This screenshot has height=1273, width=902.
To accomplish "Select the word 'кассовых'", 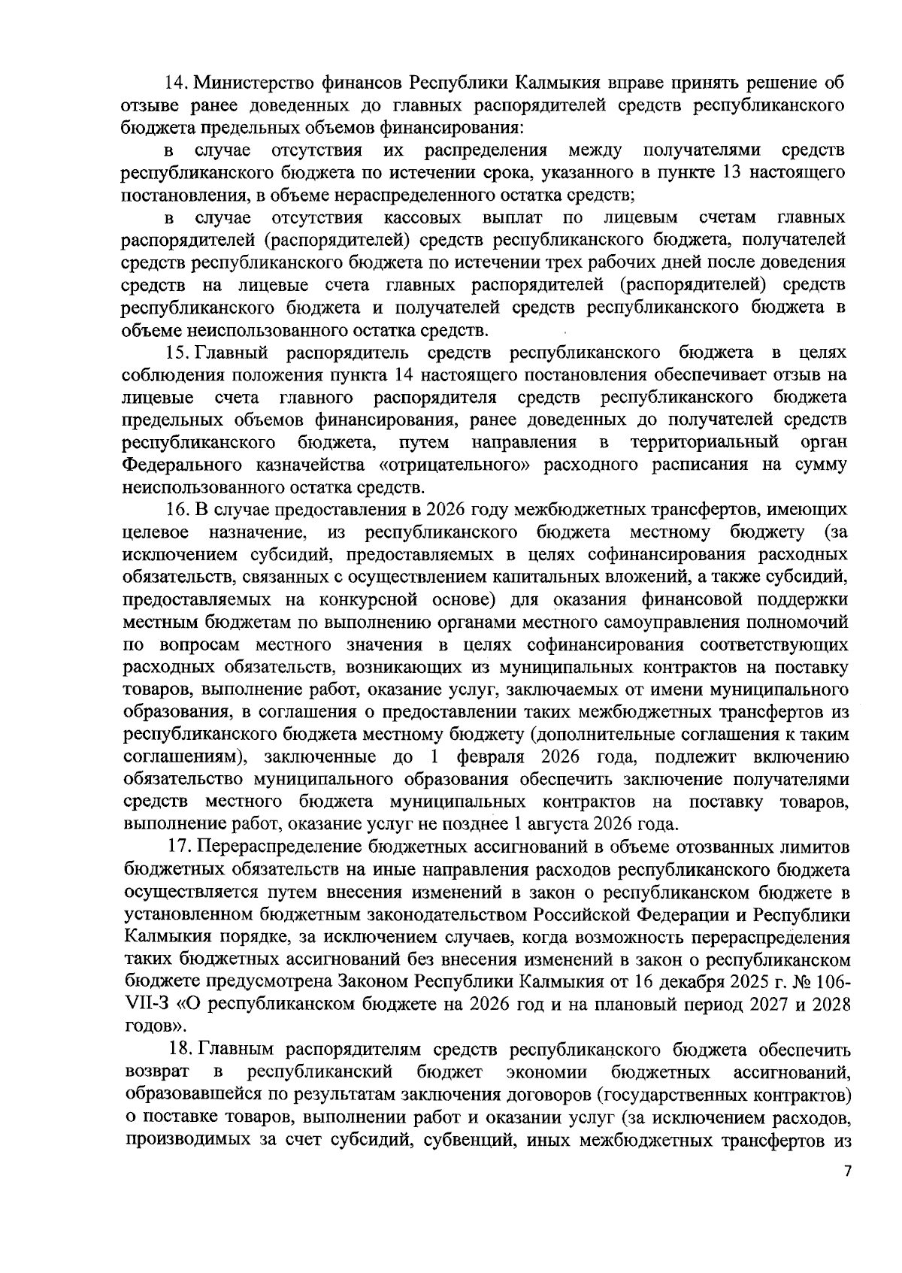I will point(422,218).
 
